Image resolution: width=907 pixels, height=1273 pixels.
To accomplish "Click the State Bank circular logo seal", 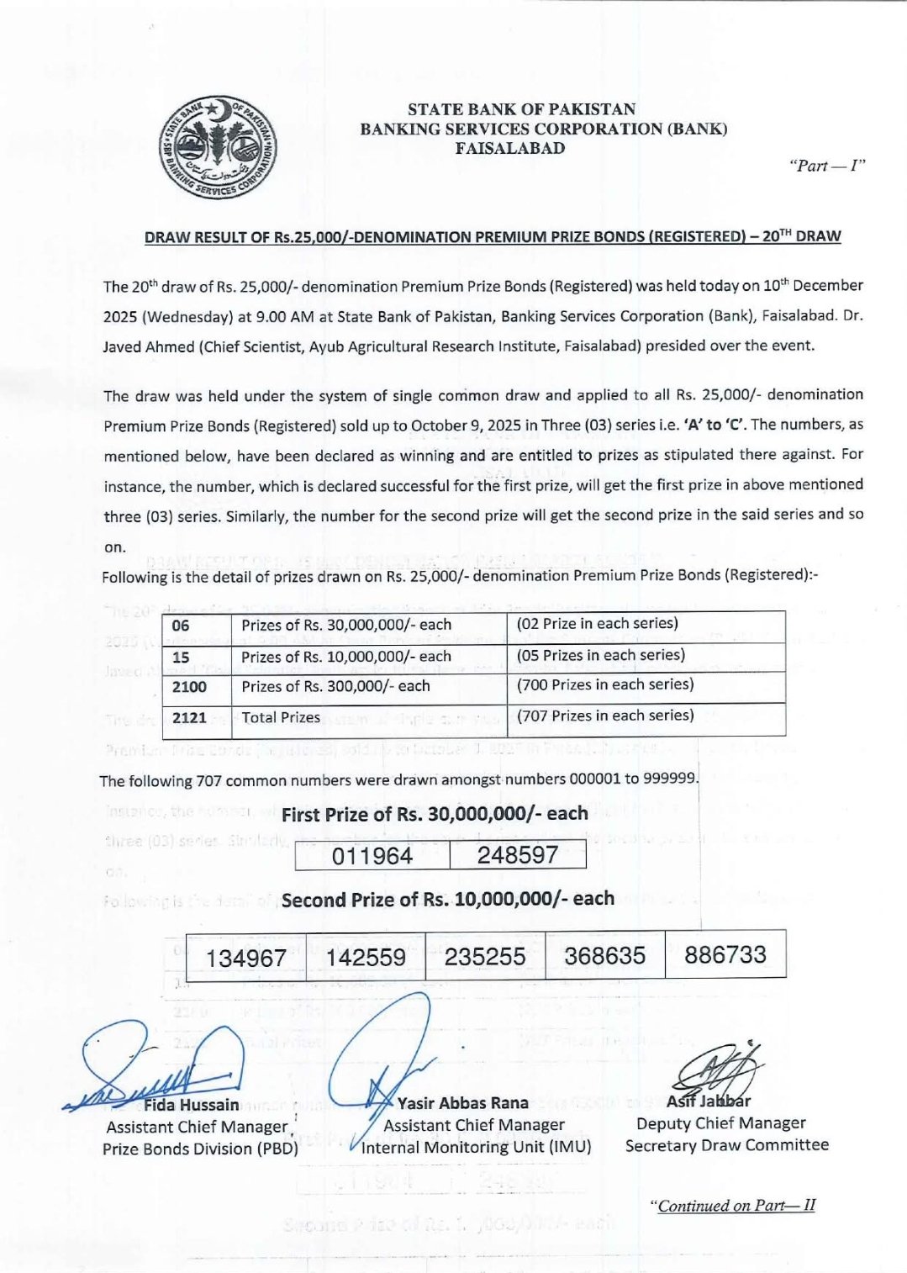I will click(x=218, y=147).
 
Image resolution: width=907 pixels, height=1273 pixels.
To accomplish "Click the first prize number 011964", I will click(x=372, y=856).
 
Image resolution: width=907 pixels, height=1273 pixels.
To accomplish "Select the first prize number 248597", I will click(x=517, y=855).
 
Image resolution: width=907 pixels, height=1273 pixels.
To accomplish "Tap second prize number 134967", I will click(x=245, y=958).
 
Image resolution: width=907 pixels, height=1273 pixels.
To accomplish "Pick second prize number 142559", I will click(x=366, y=957).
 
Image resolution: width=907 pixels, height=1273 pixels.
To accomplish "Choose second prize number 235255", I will click(x=485, y=956).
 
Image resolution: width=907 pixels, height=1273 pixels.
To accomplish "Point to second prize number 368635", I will click(x=604, y=955).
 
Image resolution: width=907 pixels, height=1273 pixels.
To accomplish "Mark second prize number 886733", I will click(x=725, y=954).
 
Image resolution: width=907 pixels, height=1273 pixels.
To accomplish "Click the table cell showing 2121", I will click(x=189, y=717).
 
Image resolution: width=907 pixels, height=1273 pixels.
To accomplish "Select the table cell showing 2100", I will click(x=189, y=687).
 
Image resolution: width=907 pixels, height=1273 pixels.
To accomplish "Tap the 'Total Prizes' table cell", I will click(x=281, y=717).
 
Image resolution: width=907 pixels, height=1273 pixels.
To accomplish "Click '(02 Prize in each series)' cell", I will click(x=597, y=624).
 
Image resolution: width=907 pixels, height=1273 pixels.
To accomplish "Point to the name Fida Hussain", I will click(x=191, y=1104).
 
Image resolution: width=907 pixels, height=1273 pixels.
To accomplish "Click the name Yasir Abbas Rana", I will click(x=462, y=1103).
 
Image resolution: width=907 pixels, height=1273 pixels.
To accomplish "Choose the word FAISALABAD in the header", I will click(x=509, y=149).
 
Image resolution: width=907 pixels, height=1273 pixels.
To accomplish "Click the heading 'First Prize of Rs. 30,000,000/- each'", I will click(x=435, y=814).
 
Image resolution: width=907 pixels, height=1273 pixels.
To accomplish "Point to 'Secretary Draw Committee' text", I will click(x=726, y=1144).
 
